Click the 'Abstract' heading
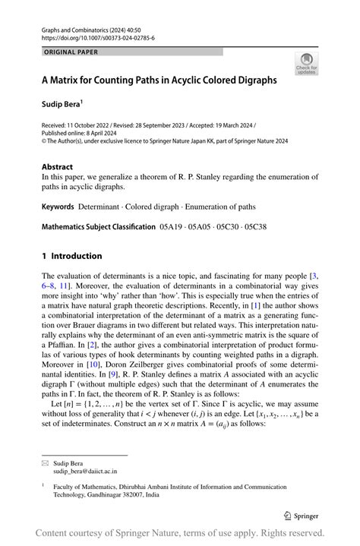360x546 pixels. click(58, 166)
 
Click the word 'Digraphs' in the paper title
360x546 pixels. click(256, 79)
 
